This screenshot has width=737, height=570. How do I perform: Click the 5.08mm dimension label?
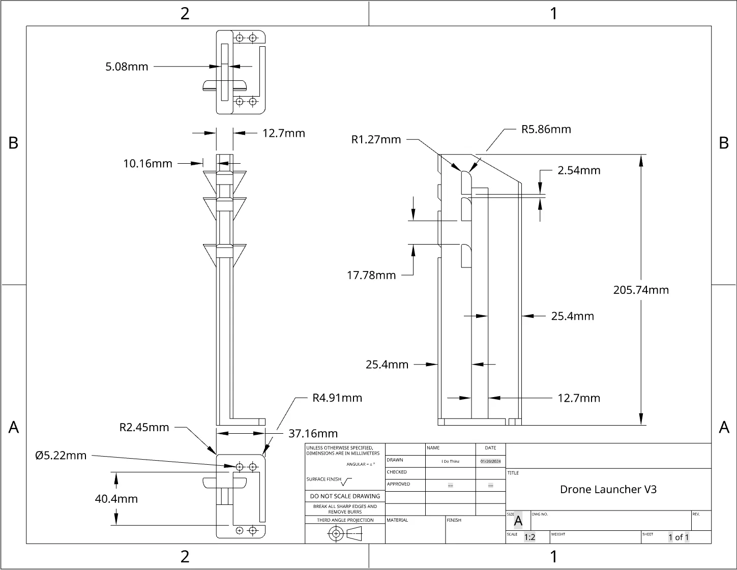click(x=127, y=67)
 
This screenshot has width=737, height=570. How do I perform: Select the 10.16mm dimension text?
click(x=148, y=164)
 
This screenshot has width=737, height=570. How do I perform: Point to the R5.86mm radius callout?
click(x=546, y=129)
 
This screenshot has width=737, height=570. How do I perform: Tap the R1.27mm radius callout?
click(x=376, y=139)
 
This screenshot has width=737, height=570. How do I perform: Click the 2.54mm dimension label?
click(x=579, y=170)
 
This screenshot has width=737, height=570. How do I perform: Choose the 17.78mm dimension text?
click(x=371, y=275)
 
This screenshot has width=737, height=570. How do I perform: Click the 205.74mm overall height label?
click(x=641, y=290)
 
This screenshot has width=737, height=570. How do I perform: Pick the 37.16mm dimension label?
click(x=313, y=434)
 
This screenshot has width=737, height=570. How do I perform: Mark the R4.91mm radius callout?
click(x=337, y=398)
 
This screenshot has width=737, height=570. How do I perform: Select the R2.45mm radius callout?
click(x=144, y=427)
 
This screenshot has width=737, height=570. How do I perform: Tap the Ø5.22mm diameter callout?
click(x=61, y=456)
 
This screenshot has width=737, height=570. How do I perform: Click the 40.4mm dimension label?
click(x=116, y=499)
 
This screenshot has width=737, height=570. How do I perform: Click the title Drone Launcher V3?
click(x=608, y=489)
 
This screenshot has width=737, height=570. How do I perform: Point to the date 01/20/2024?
click(x=491, y=461)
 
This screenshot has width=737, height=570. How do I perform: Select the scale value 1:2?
click(x=529, y=537)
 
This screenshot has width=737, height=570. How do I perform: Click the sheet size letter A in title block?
click(x=518, y=521)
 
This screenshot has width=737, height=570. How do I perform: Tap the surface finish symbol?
click(x=346, y=481)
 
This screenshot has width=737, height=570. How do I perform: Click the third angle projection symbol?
click(x=345, y=533)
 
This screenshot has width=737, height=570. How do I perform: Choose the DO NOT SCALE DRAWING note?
click(x=345, y=496)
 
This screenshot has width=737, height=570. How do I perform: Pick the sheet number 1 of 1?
click(x=679, y=537)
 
